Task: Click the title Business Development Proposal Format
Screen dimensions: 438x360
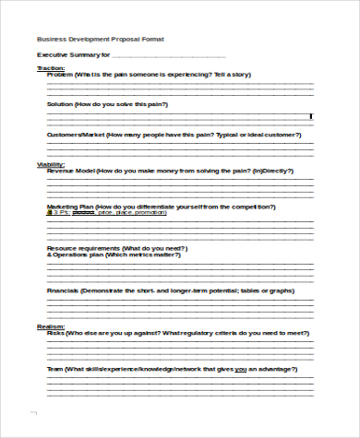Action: click(x=102, y=40)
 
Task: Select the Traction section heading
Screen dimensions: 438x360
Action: click(x=51, y=67)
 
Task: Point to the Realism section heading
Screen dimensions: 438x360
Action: click(x=51, y=326)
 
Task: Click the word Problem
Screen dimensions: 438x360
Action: click(x=60, y=74)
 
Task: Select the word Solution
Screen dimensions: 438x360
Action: click(x=61, y=104)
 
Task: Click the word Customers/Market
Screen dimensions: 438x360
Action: click(x=76, y=135)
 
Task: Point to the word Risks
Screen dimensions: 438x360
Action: click(x=55, y=332)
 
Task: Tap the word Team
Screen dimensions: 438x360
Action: click(x=55, y=368)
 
